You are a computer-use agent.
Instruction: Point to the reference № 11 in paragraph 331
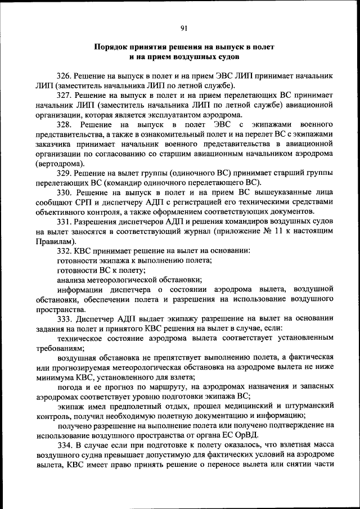pyautogui.click(x=286, y=231)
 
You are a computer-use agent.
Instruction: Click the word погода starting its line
pyautogui.click(x=71, y=387)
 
